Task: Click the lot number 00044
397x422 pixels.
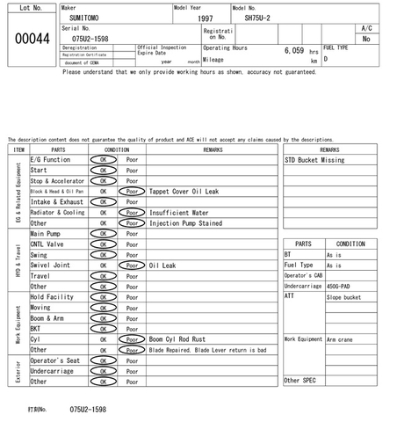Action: pyautogui.click(x=30, y=38)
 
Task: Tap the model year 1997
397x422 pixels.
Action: pyautogui.click(x=205, y=18)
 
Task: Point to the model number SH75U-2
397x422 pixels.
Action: pyautogui.click(x=257, y=18)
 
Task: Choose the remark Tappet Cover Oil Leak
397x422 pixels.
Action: pyautogui.click(x=184, y=191)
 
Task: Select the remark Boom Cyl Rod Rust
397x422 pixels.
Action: pyautogui.click(x=178, y=338)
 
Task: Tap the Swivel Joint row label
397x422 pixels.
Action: pyautogui.click(x=50, y=265)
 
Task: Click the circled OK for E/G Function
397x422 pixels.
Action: pyautogui.click(x=103, y=159)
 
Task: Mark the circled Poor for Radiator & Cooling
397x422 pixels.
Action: pyautogui.click(x=132, y=212)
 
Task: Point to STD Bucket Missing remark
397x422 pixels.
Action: pyautogui.click(x=314, y=161)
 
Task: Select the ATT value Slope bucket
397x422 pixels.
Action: pyautogui.click(x=344, y=296)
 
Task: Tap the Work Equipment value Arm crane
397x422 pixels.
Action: pyautogui.click(x=342, y=338)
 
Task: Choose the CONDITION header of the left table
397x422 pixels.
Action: pyautogui.click(x=117, y=149)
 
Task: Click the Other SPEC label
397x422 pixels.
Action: pyautogui.click(x=299, y=380)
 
